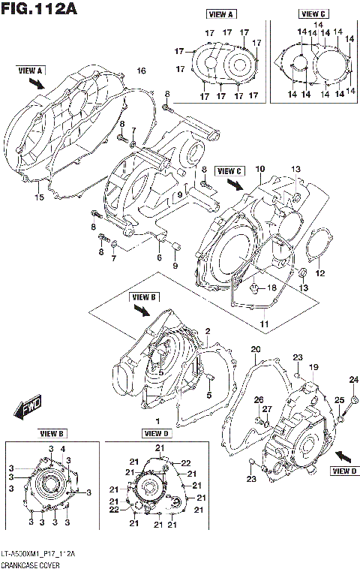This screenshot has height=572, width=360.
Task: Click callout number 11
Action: pos(263,324)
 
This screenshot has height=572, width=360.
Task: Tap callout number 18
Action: pos(273,288)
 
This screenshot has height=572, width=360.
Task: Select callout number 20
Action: pos(255,349)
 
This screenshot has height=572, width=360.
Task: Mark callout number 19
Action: pos(314,366)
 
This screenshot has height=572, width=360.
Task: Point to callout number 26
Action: pos(256,399)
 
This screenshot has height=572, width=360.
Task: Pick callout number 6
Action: pos(159,257)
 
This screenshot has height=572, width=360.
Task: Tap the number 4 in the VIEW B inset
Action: pos(62,449)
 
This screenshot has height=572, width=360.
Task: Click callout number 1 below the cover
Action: pos(157,421)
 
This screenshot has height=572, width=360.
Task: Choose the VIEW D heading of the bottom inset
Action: pos(157,434)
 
